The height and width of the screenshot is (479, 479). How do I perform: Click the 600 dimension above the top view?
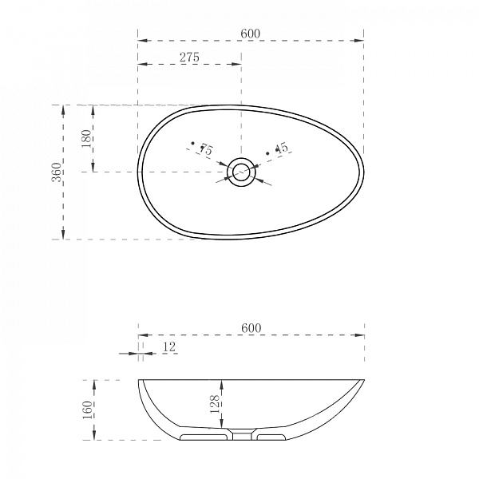click(x=250, y=34)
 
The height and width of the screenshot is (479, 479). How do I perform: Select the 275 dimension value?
click(x=189, y=57)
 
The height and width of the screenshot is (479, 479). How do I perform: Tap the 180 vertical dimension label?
click(x=87, y=139)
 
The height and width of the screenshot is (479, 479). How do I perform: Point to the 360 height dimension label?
click(x=56, y=172)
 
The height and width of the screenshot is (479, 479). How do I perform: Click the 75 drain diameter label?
click(x=207, y=150)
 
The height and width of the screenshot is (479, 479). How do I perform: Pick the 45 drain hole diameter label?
click(x=282, y=148)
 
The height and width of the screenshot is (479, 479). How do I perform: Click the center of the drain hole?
click(x=241, y=172)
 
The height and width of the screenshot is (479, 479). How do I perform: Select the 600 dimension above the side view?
click(x=251, y=328)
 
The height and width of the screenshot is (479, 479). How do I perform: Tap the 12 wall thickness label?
click(x=169, y=347)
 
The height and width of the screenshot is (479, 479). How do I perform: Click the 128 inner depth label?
click(x=215, y=404)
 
